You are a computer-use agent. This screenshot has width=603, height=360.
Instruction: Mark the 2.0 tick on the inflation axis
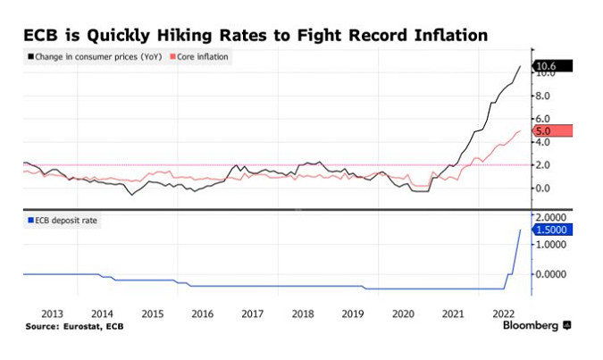[x=544, y=164]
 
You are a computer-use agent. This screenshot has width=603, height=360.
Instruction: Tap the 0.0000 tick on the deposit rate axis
[x=551, y=273]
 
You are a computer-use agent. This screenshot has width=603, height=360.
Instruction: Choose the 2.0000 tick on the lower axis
[x=551, y=216]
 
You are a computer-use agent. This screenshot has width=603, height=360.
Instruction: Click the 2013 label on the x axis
[x=52, y=314]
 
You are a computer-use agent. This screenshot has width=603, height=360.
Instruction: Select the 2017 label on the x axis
[x=253, y=314]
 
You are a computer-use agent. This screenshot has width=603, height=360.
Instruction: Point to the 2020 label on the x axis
[x=404, y=314]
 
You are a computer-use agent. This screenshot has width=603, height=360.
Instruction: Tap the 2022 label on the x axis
[x=504, y=314]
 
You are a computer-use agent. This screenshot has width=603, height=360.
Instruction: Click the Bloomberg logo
[x=536, y=327]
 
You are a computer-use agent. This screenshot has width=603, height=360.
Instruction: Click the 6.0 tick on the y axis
[x=544, y=118]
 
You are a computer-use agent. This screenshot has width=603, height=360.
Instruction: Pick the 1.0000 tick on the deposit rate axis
[x=551, y=245]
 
